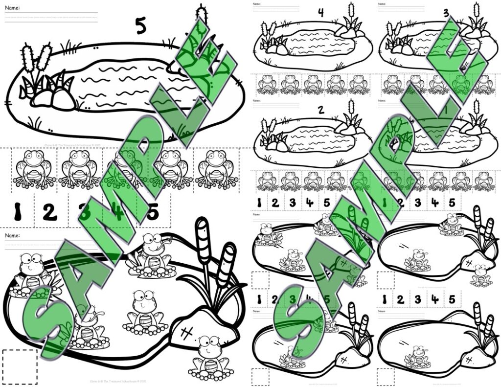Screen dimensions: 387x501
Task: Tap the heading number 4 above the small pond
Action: (320, 13)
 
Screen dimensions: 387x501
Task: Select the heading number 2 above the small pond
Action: (321, 110)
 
